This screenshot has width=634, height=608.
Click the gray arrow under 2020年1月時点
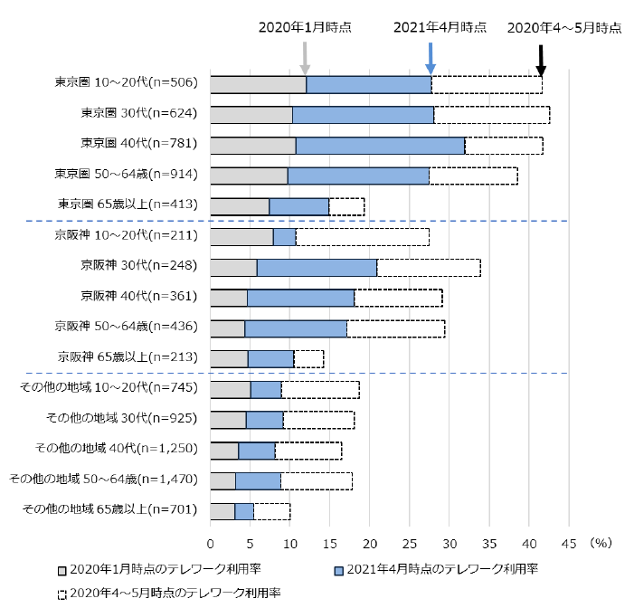pyautogui.click(x=306, y=56)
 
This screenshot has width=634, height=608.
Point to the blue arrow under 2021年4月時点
pyautogui.click(x=431, y=56)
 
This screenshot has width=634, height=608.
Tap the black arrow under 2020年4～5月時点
pyautogui.click(x=541, y=60)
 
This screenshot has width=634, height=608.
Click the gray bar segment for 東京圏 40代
pyautogui.click(x=252, y=145)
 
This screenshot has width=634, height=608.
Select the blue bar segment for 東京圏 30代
pyautogui.click(x=363, y=115)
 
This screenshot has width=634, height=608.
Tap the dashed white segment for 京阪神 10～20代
pyautogui.click(x=362, y=237)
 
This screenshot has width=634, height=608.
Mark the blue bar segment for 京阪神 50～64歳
pyautogui.click(x=296, y=328)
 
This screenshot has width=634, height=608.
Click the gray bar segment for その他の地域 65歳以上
pyautogui.click(x=222, y=510)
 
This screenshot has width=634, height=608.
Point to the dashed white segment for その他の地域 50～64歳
pyautogui.click(x=316, y=480)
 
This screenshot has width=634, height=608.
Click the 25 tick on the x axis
pyautogui.click(x=410, y=543)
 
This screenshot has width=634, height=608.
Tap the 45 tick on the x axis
pyautogui.click(x=569, y=543)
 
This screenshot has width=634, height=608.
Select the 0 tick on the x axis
pyautogui.click(x=211, y=543)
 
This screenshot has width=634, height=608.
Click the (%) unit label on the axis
pyautogui.click(x=601, y=543)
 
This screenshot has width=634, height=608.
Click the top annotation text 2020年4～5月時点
pyautogui.click(x=564, y=27)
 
